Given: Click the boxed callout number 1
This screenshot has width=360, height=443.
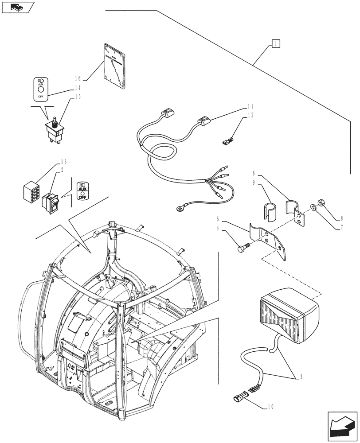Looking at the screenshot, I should pyautogui.click(x=275, y=43).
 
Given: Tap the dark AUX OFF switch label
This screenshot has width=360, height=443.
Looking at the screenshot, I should pyautogui.click(x=82, y=191).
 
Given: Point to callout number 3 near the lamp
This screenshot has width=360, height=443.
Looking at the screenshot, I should pyautogui.click(x=302, y=377).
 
